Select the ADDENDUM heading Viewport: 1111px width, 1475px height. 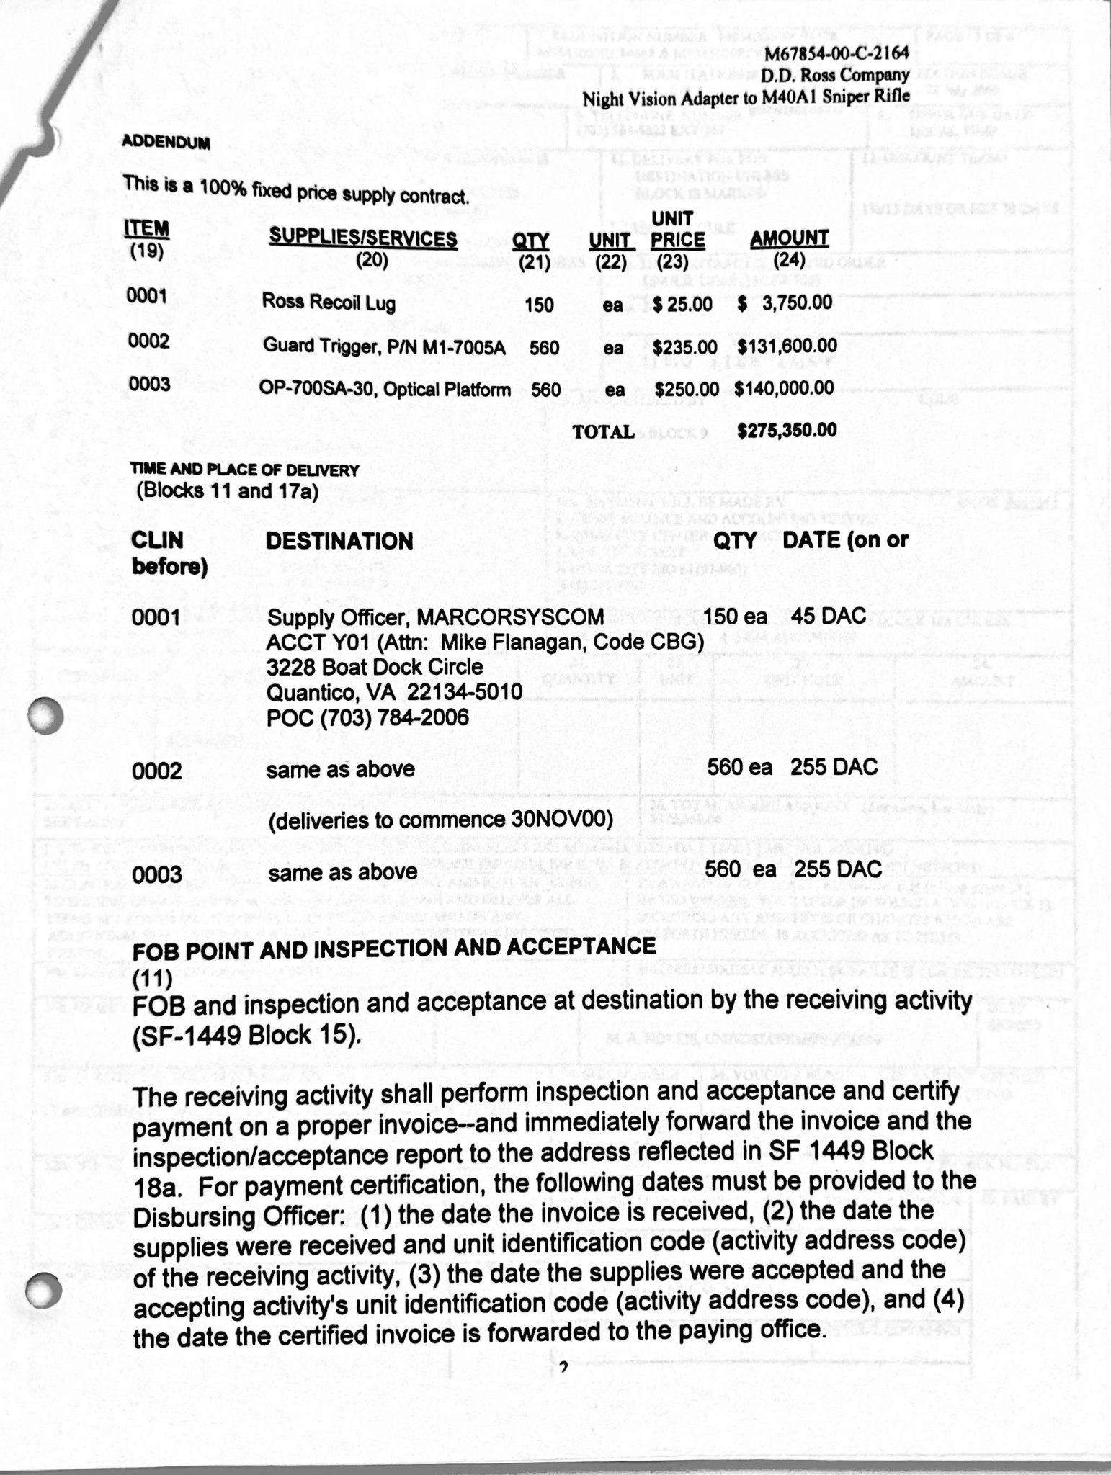point(166,141)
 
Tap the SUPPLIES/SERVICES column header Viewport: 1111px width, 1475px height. point(363,238)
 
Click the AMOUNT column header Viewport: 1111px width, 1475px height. point(789,238)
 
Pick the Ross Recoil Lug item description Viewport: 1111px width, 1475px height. point(329,302)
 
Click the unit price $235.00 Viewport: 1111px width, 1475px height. point(684,347)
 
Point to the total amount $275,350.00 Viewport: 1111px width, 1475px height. point(787,431)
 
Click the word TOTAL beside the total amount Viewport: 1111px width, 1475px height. point(603,432)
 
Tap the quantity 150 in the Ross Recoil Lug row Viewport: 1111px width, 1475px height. point(539,305)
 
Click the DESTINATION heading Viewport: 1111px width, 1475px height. point(339,542)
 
